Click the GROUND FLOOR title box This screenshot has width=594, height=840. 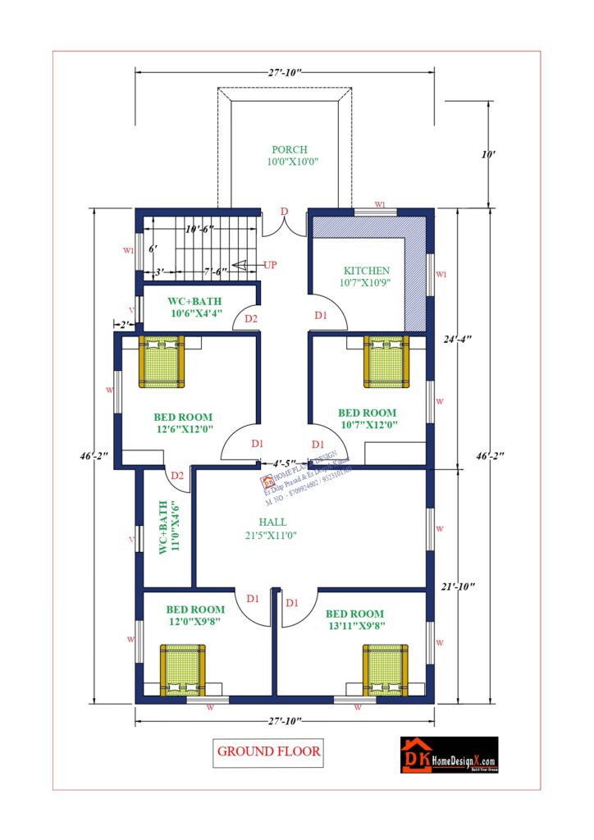pos(268,751)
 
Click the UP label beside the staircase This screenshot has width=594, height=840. pos(270,265)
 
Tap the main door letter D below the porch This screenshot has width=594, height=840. pos(284,212)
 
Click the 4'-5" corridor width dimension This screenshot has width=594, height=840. pos(285,463)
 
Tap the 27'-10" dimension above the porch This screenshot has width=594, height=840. pos(285,72)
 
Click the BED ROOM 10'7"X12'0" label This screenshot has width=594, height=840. pos(367,418)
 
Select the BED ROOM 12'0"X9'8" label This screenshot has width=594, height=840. pos(195,615)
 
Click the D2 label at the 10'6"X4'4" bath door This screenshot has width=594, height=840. pos(251,318)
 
